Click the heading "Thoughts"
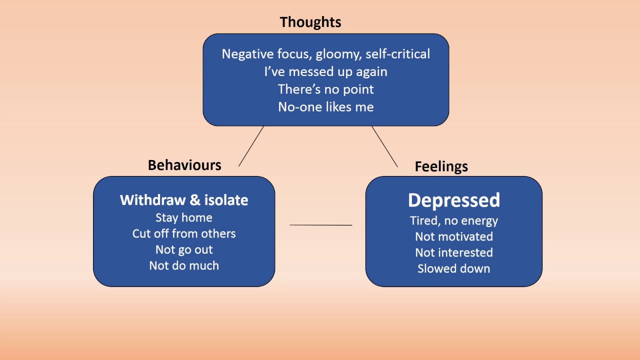click(x=310, y=22)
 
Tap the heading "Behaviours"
click(x=184, y=165)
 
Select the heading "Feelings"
click(x=441, y=166)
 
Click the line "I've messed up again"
click(x=325, y=71)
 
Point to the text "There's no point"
click(x=325, y=89)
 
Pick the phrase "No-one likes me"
click(x=325, y=106)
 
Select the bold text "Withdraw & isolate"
click(x=184, y=200)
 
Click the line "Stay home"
click(x=184, y=217)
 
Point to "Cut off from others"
click(x=184, y=233)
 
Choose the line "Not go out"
click(x=184, y=249)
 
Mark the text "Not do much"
click(x=184, y=265)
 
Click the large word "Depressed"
click(x=453, y=200)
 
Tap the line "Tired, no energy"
click(x=453, y=220)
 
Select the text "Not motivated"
click(x=453, y=236)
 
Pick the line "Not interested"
click(x=453, y=252)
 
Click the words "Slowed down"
click(x=453, y=268)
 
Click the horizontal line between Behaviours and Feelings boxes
click(x=320, y=225)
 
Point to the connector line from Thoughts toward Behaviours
click(x=251, y=146)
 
